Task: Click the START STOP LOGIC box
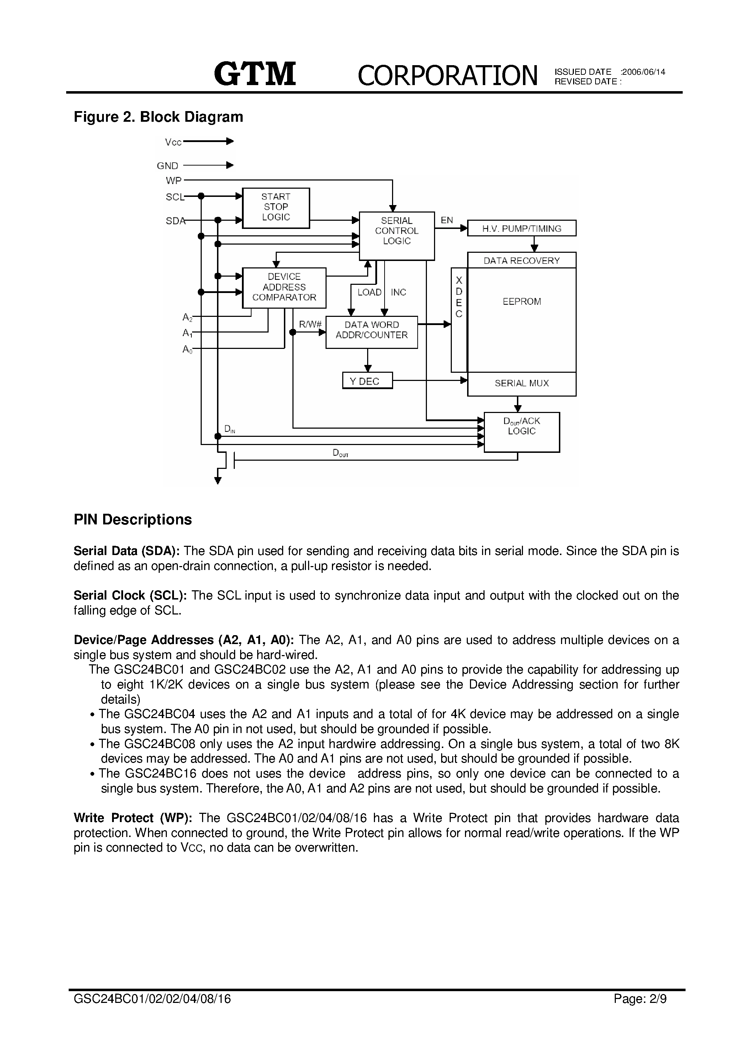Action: (x=276, y=208)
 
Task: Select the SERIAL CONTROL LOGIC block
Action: (x=397, y=236)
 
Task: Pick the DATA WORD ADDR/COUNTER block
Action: (x=371, y=332)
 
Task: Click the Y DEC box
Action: (x=367, y=381)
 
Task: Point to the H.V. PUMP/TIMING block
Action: (x=522, y=228)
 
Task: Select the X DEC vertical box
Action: (x=459, y=320)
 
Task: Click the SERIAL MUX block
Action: (x=522, y=383)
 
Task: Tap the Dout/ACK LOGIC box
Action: (x=522, y=432)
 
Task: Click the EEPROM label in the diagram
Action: (x=522, y=302)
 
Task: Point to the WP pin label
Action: (x=174, y=181)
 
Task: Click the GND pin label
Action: (x=168, y=166)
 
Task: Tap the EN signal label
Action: (x=447, y=220)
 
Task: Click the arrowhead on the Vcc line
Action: (x=230, y=141)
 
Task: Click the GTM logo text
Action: (x=255, y=74)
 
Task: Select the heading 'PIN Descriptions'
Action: (x=133, y=519)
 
